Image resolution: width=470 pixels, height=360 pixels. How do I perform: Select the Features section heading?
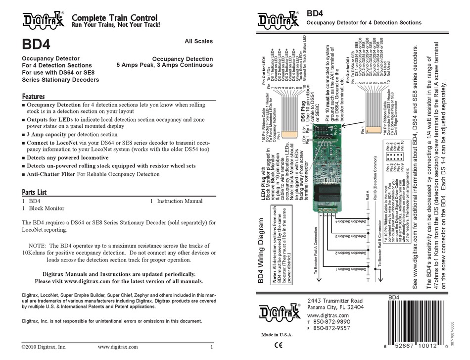coord(34,97)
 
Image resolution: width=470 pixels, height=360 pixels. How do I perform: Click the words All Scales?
coord(198,42)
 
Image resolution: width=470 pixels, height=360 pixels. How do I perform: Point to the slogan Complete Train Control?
coord(115,18)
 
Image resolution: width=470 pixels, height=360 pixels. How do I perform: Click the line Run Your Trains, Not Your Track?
coord(116,25)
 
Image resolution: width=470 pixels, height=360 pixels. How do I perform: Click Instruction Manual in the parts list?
coord(180,202)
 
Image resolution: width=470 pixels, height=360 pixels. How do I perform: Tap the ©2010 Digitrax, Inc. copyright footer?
coord(44,347)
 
